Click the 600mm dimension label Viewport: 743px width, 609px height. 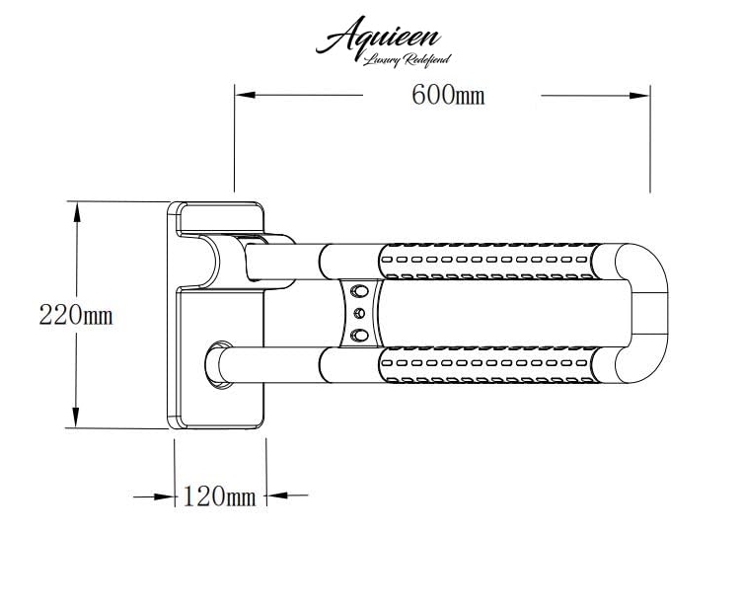(x=448, y=95)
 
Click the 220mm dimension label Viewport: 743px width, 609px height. (x=76, y=315)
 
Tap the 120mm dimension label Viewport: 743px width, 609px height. (x=219, y=496)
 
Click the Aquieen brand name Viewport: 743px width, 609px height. (x=378, y=35)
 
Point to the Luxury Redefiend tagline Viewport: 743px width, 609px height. (x=407, y=60)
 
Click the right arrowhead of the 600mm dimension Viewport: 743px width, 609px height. (x=639, y=96)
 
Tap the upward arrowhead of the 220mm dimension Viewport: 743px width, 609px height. (x=76, y=212)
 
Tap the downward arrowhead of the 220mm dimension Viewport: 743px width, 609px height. (x=75, y=418)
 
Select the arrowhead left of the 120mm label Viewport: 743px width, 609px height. (x=164, y=496)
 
